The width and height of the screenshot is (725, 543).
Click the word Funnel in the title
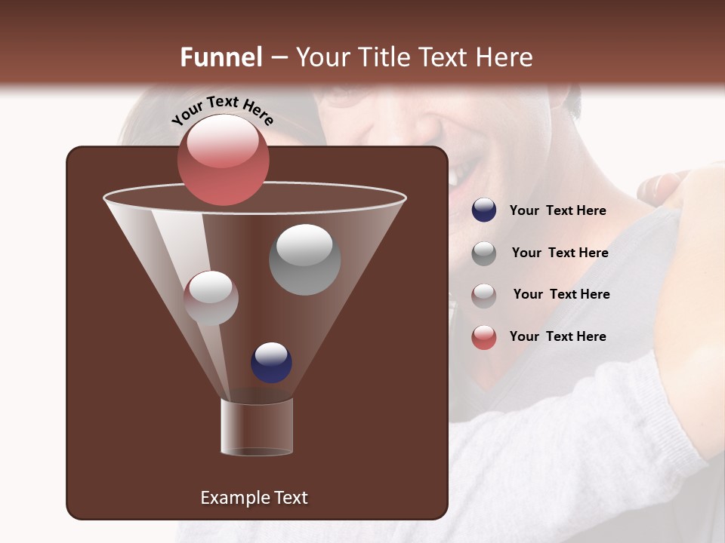point(221,57)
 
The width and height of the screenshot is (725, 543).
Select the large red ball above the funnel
point(223,159)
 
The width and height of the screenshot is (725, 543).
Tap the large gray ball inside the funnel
point(304,259)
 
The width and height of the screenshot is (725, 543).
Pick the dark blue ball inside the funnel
point(271,362)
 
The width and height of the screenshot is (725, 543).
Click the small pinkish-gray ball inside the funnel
point(211,298)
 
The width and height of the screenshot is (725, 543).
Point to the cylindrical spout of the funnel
point(257,427)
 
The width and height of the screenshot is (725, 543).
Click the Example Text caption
point(254,498)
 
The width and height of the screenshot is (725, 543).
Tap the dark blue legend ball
point(484,210)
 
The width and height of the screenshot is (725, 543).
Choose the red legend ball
point(484,337)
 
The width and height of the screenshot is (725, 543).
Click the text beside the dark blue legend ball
point(557,211)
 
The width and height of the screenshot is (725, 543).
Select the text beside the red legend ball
point(557,336)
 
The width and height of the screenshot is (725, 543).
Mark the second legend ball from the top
point(484,253)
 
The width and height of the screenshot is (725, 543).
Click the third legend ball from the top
point(484,296)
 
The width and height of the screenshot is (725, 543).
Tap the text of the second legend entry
point(560,253)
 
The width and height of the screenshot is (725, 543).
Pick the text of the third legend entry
point(561,295)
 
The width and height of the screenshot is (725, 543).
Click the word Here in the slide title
point(505,57)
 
